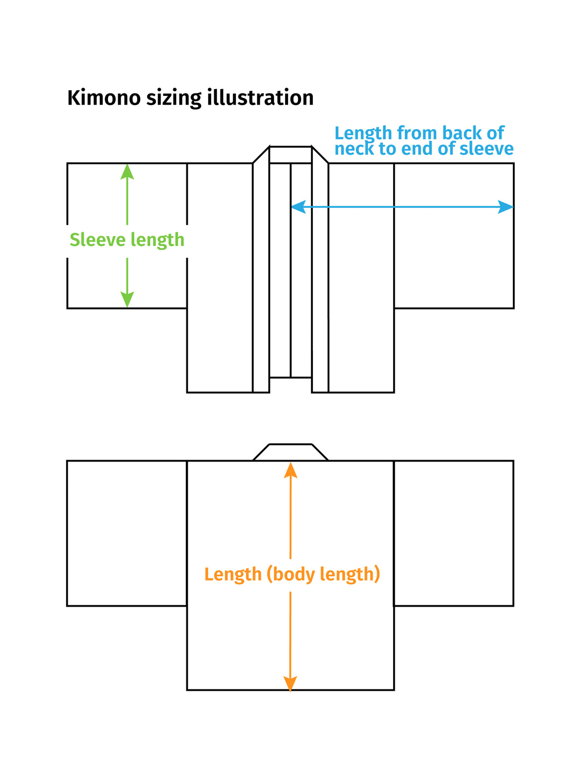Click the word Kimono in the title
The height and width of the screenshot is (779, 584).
[x=104, y=97]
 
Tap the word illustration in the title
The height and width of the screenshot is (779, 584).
[x=260, y=97]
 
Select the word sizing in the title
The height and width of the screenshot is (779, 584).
[x=174, y=99]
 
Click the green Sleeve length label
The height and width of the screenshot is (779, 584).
[x=127, y=240]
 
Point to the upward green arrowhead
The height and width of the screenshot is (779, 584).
[x=127, y=171]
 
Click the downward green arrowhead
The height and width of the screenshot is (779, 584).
[x=127, y=299]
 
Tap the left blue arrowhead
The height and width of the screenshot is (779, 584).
[x=298, y=206]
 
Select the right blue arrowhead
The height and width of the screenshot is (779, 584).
[x=505, y=206]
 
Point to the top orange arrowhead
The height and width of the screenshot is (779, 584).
[x=291, y=471]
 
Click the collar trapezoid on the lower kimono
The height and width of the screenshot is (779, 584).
[x=291, y=452]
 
